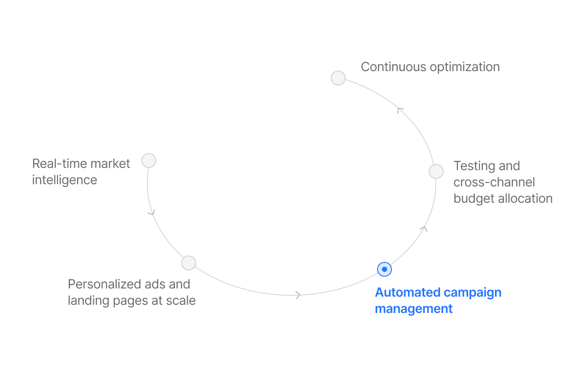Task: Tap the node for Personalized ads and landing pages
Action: (x=189, y=263)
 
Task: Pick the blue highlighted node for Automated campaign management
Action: (x=384, y=269)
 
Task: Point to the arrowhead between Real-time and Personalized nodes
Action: (x=152, y=212)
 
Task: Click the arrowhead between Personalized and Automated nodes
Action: (x=298, y=295)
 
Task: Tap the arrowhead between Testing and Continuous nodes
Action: (x=400, y=110)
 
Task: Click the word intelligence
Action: (x=64, y=180)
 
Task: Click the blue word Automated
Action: (x=407, y=293)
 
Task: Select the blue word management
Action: (x=414, y=309)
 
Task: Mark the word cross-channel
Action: (x=494, y=182)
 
